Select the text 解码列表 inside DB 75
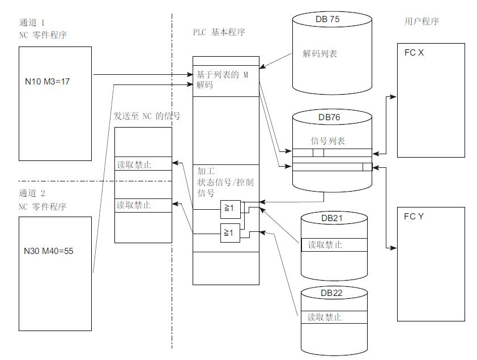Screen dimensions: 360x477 click(320, 54)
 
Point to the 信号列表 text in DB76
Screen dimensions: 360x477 click(328, 141)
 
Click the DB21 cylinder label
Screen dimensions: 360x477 click(334, 218)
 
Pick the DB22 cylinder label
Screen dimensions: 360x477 click(333, 293)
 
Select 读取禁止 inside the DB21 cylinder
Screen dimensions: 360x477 click(325, 245)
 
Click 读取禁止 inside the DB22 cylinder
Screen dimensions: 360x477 click(325, 317)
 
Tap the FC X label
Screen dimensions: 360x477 click(414, 53)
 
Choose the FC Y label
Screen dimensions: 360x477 click(414, 217)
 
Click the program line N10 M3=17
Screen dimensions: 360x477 click(47, 81)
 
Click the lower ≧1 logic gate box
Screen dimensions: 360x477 click(229, 232)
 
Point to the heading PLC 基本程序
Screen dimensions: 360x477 click(219, 33)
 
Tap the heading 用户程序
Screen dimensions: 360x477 click(418, 22)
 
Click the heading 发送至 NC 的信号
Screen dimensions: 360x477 click(147, 116)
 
